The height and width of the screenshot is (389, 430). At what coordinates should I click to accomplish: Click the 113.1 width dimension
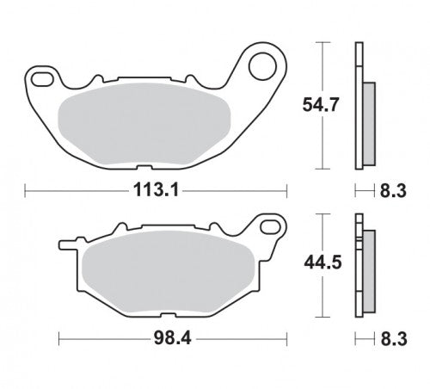coord(156,190)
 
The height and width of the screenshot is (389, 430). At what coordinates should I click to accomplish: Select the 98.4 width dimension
coord(172,339)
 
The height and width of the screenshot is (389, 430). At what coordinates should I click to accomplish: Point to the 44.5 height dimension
coord(322,262)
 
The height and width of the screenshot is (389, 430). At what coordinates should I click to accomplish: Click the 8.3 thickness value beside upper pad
coord(393,191)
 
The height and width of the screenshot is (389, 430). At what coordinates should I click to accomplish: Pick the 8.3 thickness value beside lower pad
coord(394,339)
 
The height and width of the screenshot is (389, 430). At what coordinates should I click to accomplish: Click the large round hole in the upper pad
coord(262,66)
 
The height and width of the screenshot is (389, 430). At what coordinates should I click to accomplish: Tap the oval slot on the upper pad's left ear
coord(42,79)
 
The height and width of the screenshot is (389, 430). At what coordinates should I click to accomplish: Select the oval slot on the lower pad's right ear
coord(270,226)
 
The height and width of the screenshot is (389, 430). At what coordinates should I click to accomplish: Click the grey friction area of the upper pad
coord(144,126)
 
